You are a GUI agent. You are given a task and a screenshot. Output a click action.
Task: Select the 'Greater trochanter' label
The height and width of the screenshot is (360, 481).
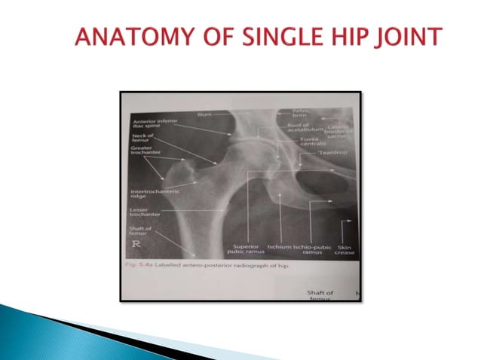(x=146, y=153)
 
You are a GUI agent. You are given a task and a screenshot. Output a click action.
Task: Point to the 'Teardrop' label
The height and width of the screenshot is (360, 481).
(x=329, y=152)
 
